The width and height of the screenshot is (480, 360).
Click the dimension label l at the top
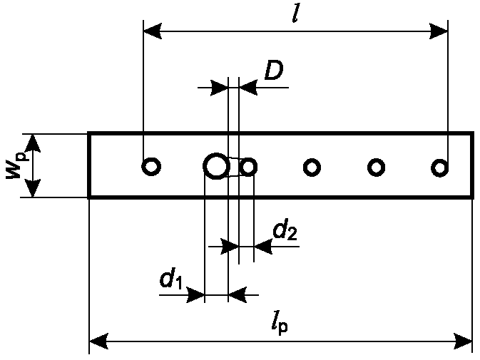coord(295,13)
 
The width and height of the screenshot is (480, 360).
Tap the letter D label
coord(274,70)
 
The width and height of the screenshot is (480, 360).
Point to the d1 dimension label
coord(171,278)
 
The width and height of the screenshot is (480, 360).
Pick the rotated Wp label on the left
coord(17,166)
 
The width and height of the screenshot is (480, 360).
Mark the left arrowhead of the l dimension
coord(153,31)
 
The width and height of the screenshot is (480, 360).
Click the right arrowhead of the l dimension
coord(439,31)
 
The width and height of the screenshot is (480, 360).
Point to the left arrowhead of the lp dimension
coord(98,341)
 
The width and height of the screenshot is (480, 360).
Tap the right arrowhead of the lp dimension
coord(463,341)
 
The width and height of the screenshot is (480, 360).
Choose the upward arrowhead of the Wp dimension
coord(32,143)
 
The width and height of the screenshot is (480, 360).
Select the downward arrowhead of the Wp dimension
coord(32,188)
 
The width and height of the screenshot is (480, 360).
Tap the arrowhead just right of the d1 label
coord(196,295)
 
